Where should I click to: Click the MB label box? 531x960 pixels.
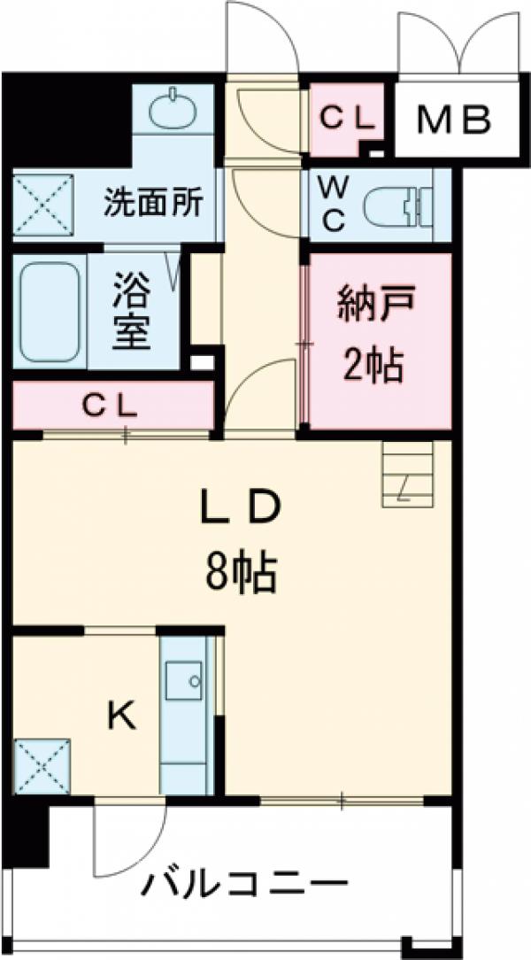tap(454, 120)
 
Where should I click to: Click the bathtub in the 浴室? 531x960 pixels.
tap(50, 311)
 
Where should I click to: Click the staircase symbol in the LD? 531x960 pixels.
tap(408, 473)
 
